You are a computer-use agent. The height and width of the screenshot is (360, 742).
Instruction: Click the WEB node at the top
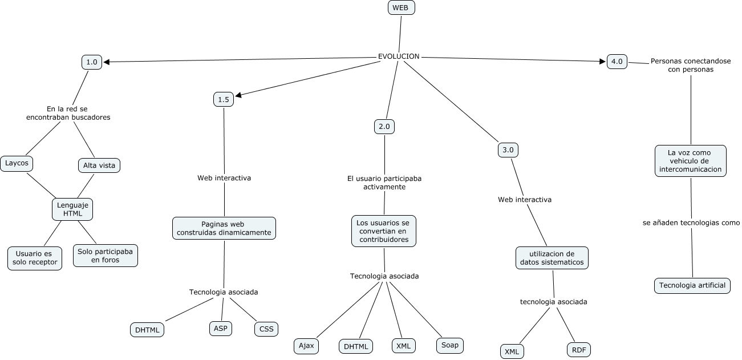pos(401,7)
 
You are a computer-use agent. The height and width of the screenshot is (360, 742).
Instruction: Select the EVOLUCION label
pos(399,56)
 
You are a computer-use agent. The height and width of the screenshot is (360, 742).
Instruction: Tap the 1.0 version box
pos(92,62)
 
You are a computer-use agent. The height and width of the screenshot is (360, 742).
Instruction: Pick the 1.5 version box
pos(223,99)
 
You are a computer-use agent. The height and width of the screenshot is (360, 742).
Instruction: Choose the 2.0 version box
pos(384,127)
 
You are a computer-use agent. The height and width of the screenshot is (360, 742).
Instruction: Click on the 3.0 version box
pos(508,150)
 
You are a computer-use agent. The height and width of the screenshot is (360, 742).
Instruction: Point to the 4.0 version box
pos(617,62)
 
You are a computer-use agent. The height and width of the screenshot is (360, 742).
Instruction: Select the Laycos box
pos(17,163)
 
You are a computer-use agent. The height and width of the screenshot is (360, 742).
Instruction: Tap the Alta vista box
pos(99,165)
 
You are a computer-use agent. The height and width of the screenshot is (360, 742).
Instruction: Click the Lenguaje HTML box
pos(72,209)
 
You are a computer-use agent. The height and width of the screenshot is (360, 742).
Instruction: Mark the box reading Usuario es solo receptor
pos(35,258)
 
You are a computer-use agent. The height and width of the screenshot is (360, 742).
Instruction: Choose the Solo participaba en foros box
pos(106,256)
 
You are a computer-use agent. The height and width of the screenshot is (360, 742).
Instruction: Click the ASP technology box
pos(220,328)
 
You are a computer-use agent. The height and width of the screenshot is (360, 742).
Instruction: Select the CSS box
pos(266,329)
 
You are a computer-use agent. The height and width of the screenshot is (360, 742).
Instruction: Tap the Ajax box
pos(306,346)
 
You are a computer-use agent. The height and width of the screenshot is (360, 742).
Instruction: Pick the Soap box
pos(450,345)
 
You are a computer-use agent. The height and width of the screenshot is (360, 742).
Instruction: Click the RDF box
pos(579,350)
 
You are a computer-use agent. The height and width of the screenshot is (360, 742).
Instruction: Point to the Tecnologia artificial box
pos(692,285)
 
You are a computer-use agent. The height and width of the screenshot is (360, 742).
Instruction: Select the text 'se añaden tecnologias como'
pos(691,223)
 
